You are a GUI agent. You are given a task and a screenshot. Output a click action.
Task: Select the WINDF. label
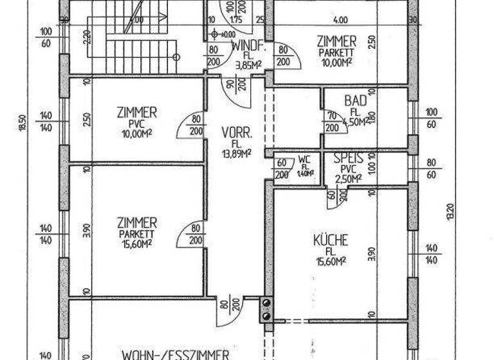click(x=245, y=47)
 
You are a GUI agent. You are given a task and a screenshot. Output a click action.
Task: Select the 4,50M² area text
click(x=354, y=121)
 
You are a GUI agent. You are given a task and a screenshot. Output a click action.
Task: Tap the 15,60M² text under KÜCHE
click(x=331, y=260)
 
